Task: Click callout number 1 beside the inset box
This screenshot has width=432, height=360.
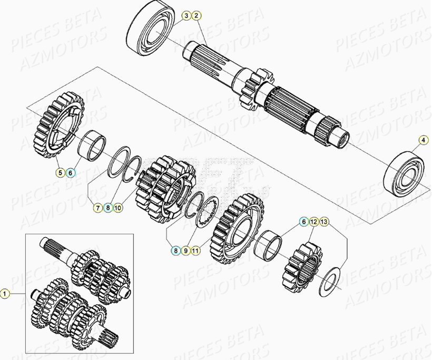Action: tap(5, 293)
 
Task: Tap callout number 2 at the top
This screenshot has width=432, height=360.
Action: tap(196, 16)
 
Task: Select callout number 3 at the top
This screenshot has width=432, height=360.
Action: tap(186, 16)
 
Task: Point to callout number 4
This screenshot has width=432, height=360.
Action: tap(423, 140)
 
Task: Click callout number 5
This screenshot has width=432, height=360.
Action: tap(61, 172)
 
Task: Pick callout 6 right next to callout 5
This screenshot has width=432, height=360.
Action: tap(71, 172)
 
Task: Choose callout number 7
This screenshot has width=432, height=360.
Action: tap(98, 208)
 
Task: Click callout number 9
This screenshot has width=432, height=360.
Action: tap(185, 251)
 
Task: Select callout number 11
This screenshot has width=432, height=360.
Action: tap(195, 251)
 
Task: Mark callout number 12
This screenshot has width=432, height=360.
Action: tap(313, 222)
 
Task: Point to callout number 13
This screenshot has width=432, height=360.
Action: tap(323, 222)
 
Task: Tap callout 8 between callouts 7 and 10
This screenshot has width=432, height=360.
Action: tap(108, 208)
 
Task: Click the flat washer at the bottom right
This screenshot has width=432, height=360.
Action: tap(330, 278)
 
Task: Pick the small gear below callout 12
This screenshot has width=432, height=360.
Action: tap(302, 267)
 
